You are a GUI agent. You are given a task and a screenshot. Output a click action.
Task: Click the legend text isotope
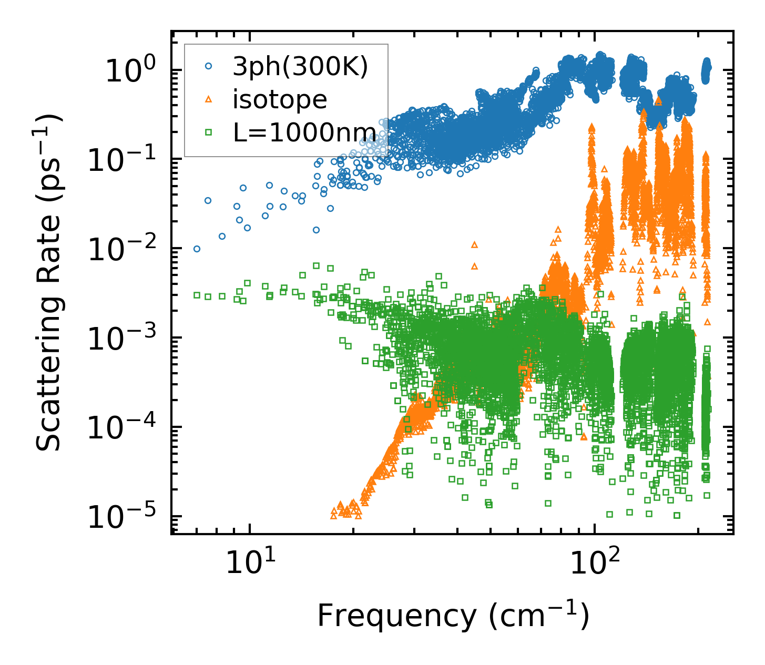pos(280,99)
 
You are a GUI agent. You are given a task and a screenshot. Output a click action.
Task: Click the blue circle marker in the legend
pos(209,67)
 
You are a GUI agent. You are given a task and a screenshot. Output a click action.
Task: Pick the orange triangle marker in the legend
pos(209,99)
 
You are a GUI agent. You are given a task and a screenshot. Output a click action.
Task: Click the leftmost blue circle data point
pos(197,249)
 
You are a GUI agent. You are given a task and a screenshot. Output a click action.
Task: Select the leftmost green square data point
pos(197,295)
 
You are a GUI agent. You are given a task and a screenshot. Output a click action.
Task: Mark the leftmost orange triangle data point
pos(333,516)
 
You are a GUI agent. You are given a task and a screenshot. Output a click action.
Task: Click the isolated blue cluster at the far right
pos(706,68)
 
